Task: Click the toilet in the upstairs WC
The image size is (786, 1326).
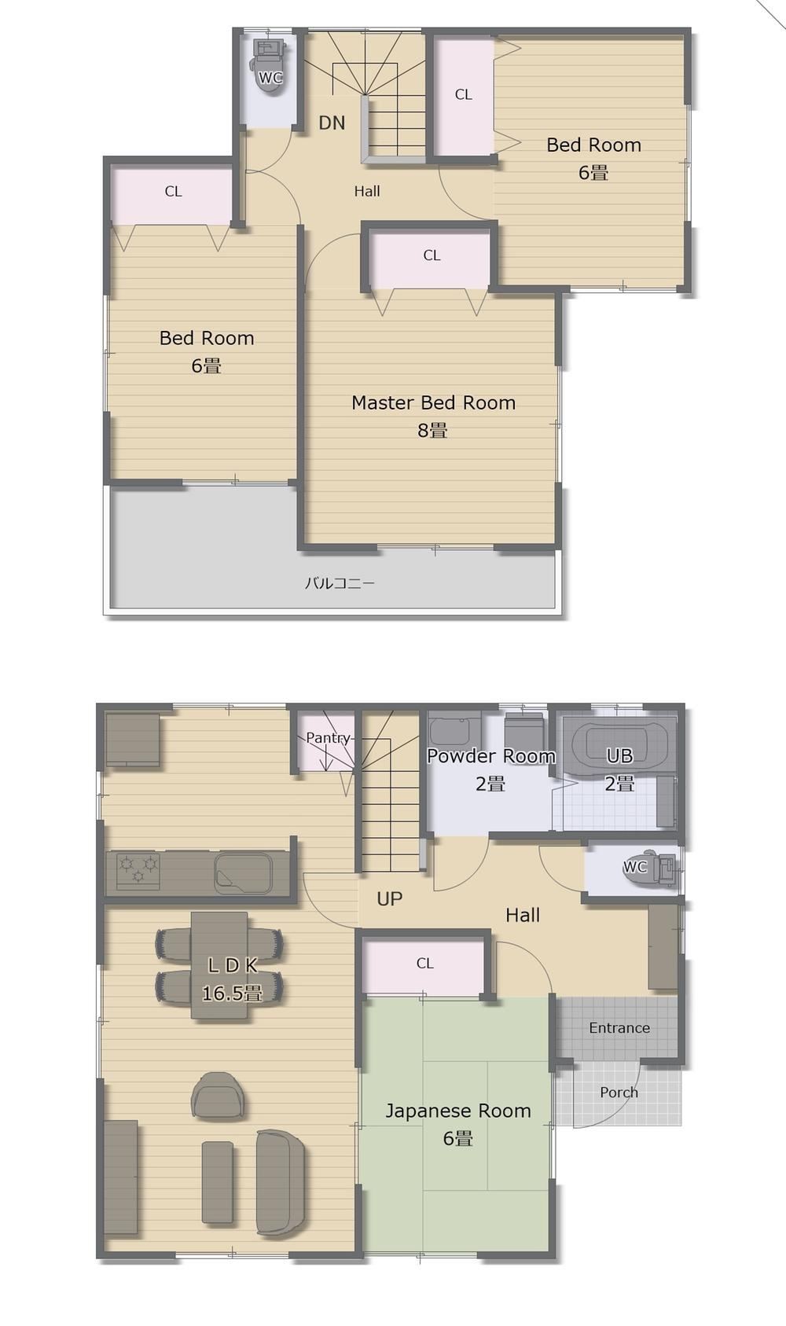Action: [270, 64]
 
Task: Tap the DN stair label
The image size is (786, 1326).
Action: [332, 123]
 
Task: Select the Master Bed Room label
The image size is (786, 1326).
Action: [433, 402]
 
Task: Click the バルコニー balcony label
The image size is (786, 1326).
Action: [340, 583]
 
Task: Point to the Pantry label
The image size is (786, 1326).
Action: [328, 737]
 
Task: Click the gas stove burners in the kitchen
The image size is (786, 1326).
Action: [138, 871]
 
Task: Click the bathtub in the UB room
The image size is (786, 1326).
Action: [619, 745]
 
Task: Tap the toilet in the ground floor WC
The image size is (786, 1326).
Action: [650, 868]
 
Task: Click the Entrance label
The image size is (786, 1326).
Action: [619, 1027]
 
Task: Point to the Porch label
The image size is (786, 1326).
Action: [619, 1093]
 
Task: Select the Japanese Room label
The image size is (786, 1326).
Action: [458, 1111]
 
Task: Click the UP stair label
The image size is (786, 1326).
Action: [389, 899]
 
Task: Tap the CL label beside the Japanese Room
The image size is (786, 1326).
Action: [425, 963]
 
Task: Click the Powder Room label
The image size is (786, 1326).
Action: [490, 756]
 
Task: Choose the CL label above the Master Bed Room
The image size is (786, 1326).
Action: [432, 255]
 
